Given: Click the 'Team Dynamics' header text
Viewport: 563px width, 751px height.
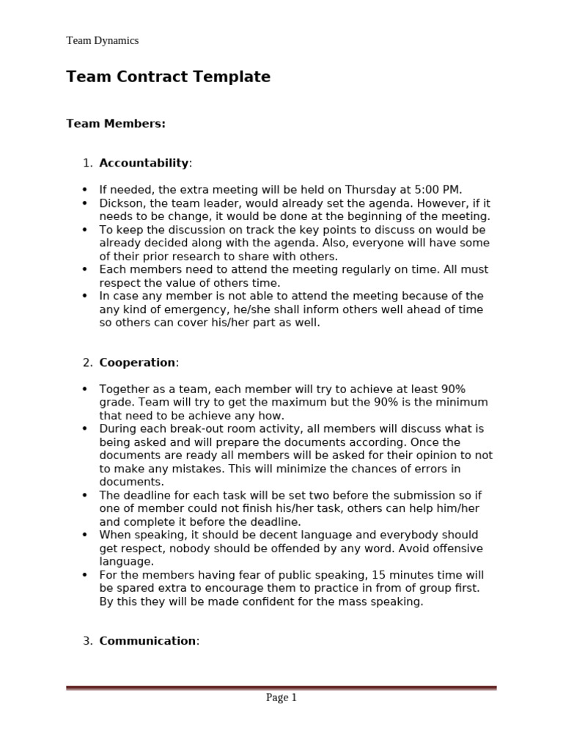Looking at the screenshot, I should pyautogui.click(x=102, y=40).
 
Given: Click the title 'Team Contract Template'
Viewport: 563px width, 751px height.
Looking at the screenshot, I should pyautogui.click(x=168, y=77).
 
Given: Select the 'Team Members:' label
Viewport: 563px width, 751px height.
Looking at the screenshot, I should pyautogui.click(x=116, y=124).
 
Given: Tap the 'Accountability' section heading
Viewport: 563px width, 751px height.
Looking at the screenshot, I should pyautogui.click(x=144, y=163).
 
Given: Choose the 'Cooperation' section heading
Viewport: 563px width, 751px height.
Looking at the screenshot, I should pyautogui.click(x=137, y=362).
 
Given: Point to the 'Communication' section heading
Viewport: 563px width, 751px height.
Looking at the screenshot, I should pyautogui.click(x=147, y=641).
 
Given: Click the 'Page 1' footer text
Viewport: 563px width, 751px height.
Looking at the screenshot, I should pyautogui.click(x=281, y=697).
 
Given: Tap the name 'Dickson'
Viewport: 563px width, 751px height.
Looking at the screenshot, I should pyautogui.click(x=120, y=203).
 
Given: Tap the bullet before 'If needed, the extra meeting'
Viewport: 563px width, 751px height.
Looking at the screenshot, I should pyautogui.click(x=85, y=190).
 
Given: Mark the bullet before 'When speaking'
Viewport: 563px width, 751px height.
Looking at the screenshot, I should pyautogui.click(x=85, y=535).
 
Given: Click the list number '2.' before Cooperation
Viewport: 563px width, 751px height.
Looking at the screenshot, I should pyautogui.click(x=87, y=362).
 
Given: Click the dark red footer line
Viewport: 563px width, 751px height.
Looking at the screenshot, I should pyautogui.click(x=281, y=688).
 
